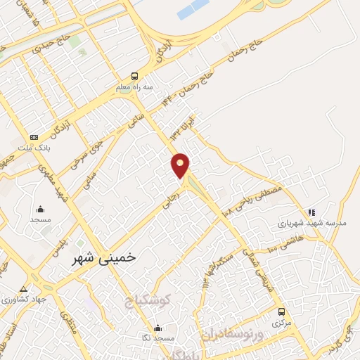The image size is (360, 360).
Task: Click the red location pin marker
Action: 181,165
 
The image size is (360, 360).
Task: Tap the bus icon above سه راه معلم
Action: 134,76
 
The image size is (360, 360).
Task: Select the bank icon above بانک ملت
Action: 34,137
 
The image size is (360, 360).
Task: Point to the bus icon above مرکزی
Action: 281,312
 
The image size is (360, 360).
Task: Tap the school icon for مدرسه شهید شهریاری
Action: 311,212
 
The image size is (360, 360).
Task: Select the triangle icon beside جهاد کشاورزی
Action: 23,290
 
